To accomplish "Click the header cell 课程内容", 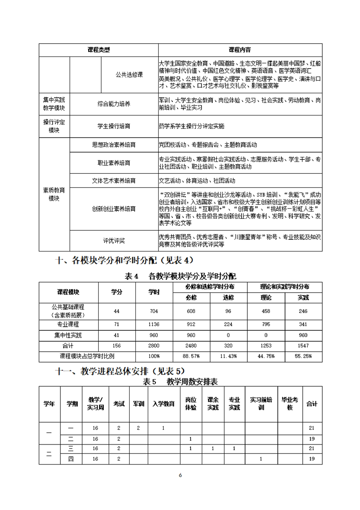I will point(240,50).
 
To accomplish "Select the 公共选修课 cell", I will point(130,74).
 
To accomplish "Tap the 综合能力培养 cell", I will point(114,104).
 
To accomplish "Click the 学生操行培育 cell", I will point(114,126).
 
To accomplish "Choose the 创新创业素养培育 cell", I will point(114,209).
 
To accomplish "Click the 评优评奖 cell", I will point(114,240).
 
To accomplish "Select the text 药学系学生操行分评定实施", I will point(191,126).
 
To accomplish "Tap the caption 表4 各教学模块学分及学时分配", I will point(180,276).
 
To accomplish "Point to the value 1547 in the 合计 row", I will point(303,346).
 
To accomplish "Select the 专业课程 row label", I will point(68,324).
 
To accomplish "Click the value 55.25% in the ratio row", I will point(303,356).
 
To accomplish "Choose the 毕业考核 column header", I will point(290,403).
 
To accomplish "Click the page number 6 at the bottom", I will point(180,475).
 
